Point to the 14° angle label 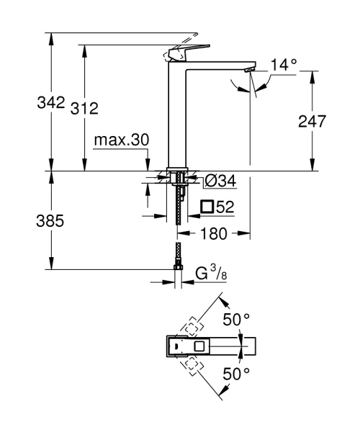pos(283,65)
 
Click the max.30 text pos(122,140)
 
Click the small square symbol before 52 pos(207,207)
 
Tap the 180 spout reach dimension pos(214,234)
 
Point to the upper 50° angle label pos(235,319)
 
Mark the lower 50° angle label pos(235,375)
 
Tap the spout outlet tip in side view pos(249,69)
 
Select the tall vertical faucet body pos(176,115)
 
